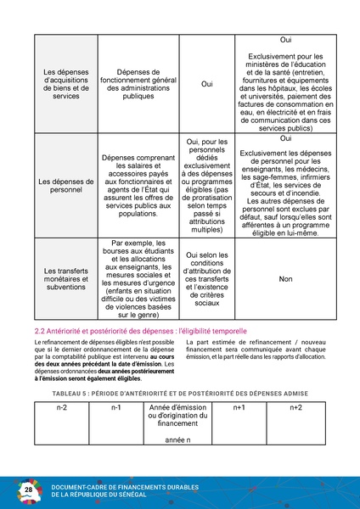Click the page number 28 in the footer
coord(28,490)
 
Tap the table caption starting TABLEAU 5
coord(179,394)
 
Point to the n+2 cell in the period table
coord(295,408)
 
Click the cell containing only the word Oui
coord(207,84)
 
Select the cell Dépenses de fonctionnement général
coord(137,84)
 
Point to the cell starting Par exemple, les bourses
coord(137,277)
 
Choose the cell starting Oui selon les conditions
coord(207,277)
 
